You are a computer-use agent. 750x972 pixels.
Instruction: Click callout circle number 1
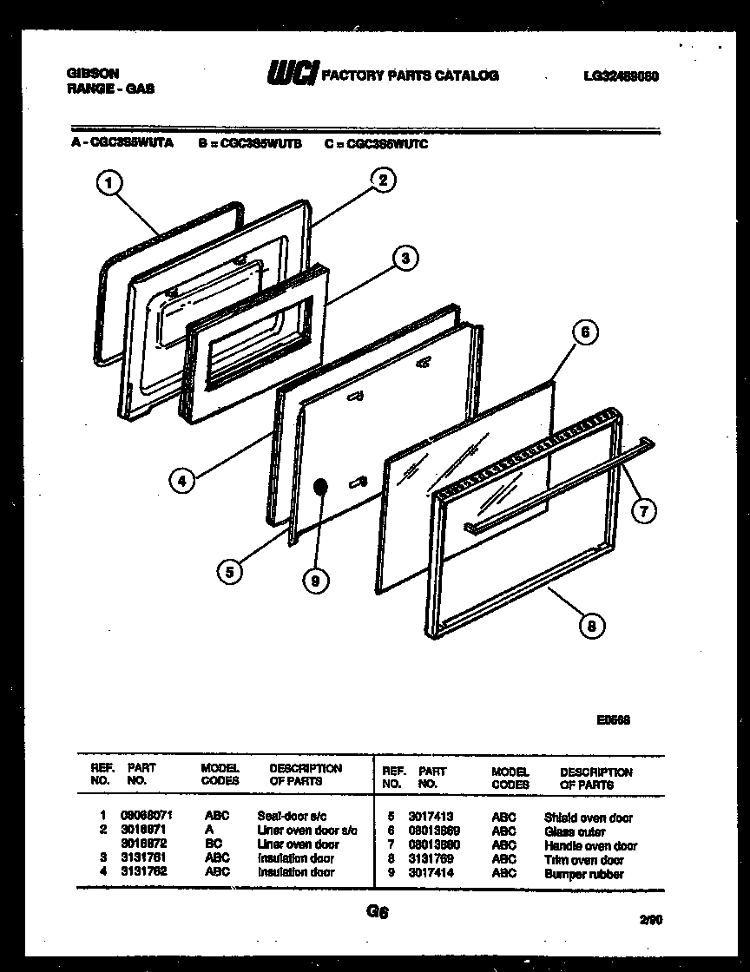[x=108, y=183]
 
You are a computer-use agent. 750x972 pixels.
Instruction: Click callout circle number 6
[x=584, y=332]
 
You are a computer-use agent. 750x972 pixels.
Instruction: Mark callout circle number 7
[x=641, y=511]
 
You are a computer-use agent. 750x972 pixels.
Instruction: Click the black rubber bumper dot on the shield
[x=321, y=487]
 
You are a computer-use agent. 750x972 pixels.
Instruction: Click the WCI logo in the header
[x=293, y=76]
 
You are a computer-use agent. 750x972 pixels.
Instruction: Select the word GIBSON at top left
[x=93, y=74]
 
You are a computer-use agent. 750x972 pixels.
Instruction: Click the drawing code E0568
[x=613, y=719]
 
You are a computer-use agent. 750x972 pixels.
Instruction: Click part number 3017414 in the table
[x=431, y=873]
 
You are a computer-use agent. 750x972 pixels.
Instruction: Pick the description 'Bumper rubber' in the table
[x=583, y=874]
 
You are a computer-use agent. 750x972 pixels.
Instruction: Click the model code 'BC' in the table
[x=214, y=844]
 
